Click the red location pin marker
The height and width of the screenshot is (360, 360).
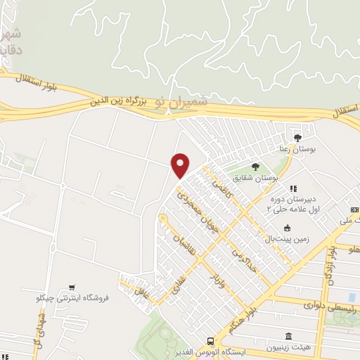pos(180,165)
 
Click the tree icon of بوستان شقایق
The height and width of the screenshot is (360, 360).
pos(254,166)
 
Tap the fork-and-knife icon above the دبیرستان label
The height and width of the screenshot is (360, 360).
pos(293,188)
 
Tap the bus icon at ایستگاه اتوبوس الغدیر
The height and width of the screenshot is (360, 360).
pos(210,340)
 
